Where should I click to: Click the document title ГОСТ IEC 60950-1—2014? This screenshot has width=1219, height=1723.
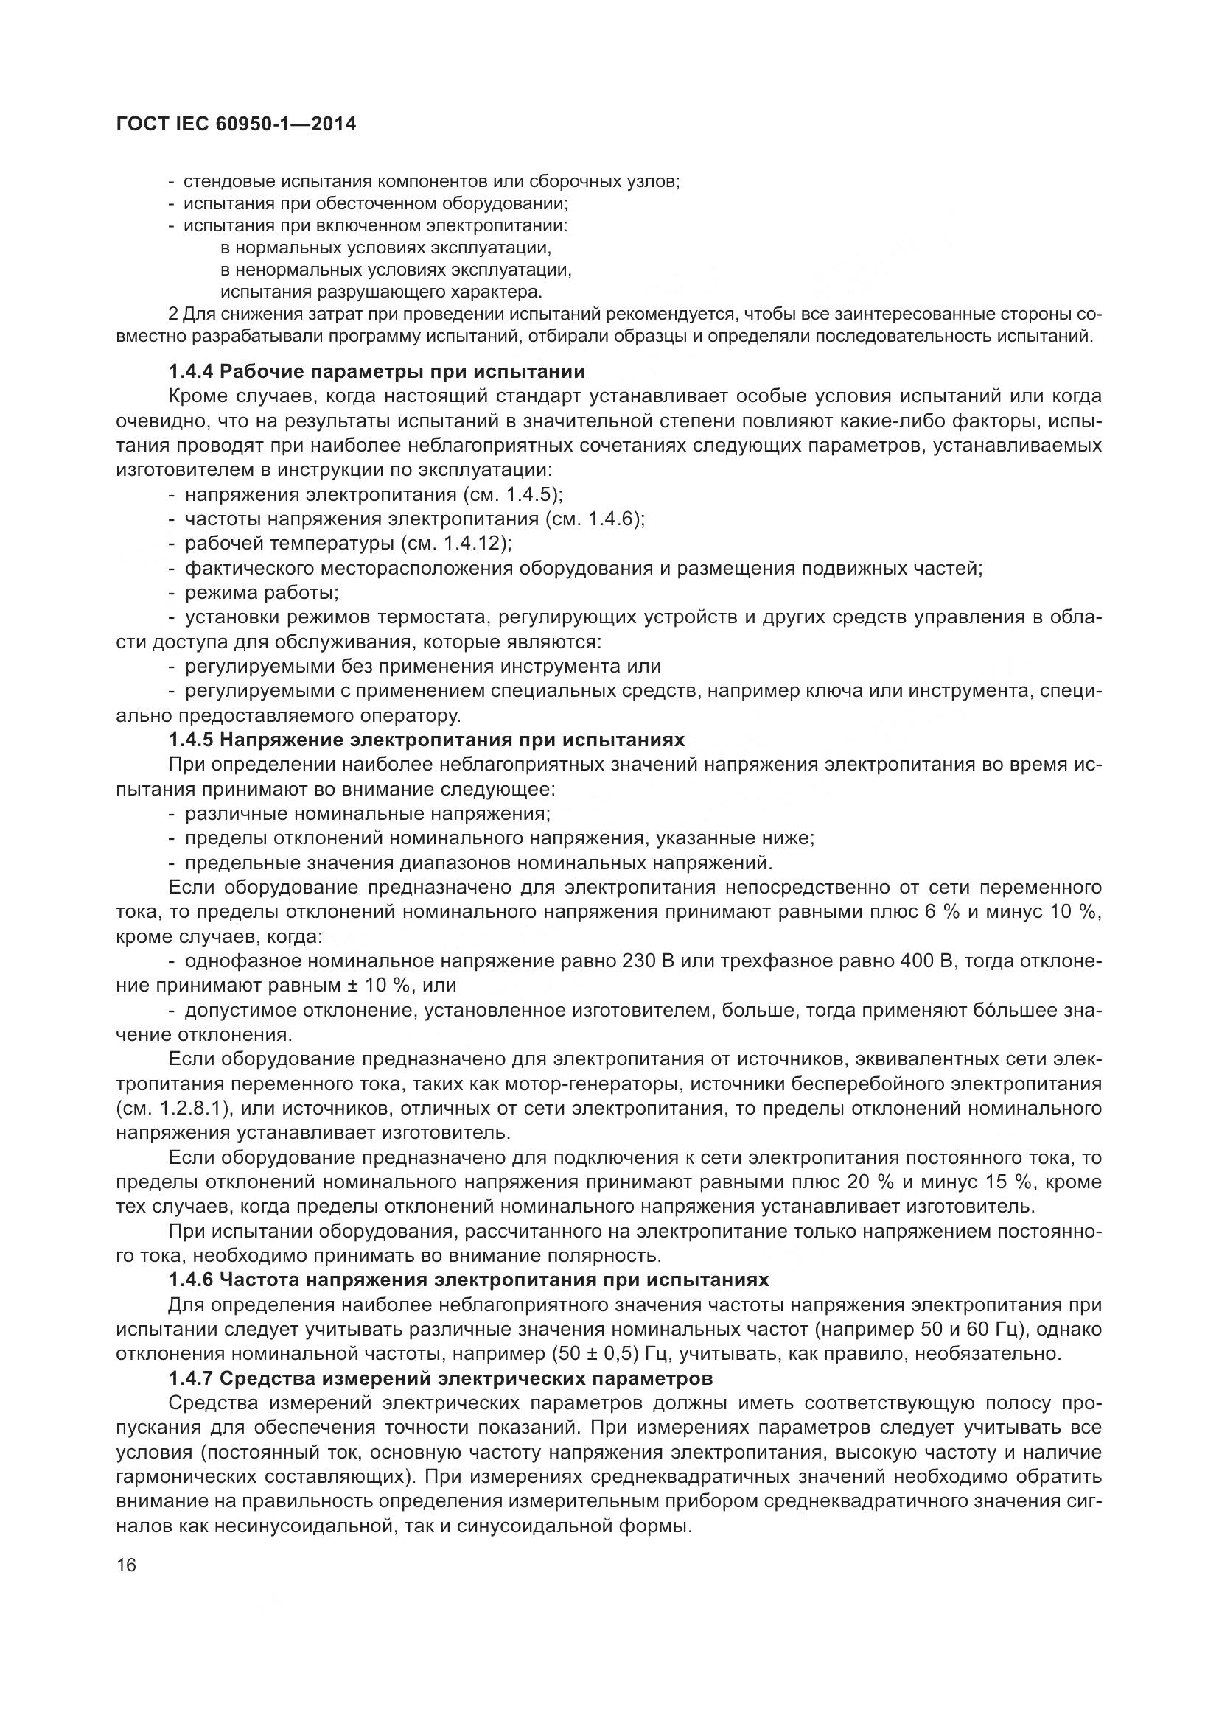[236, 124]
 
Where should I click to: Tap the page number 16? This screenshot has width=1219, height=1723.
[127, 1565]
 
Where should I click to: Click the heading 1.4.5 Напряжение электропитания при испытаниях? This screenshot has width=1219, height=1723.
[426, 740]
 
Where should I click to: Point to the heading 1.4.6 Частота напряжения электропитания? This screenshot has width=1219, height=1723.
[469, 1280]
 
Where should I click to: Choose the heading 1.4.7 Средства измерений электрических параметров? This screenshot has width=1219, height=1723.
[440, 1378]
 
